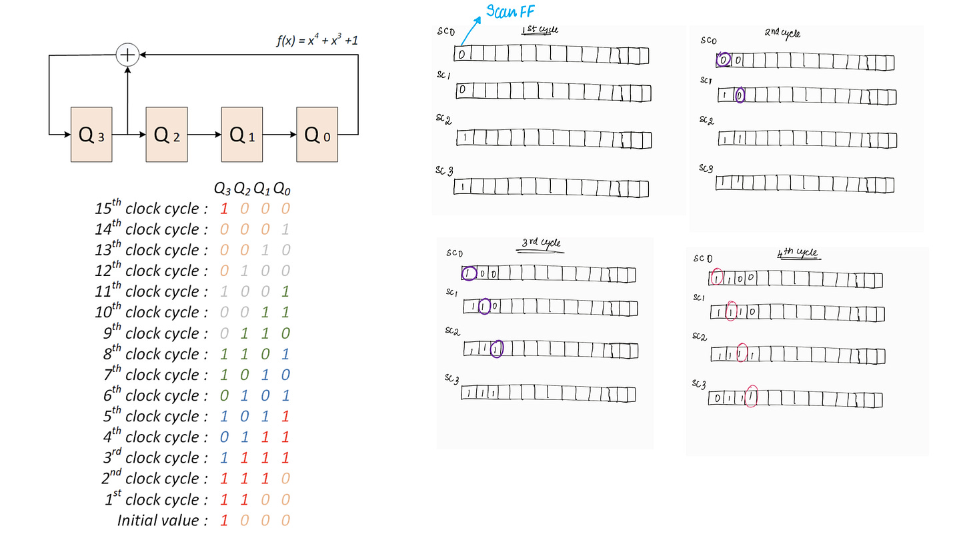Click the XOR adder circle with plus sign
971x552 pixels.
tap(127, 55)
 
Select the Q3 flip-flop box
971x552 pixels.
tap(91, 134)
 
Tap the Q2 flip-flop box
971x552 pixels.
tap(167, 134)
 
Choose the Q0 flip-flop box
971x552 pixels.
tap(317, 134)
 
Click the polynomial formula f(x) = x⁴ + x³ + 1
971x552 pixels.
tap(317, 41)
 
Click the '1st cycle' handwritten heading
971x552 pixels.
tap(540, 30)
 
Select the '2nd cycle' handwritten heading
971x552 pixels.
tap(782, 33)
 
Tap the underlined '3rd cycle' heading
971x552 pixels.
tap(540, 244)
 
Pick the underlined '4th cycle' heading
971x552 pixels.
tap(798, 254)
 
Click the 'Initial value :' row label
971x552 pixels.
tap(163, 520)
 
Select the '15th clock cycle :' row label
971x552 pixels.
tap(151, 208)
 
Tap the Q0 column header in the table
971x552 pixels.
tap(283, 189)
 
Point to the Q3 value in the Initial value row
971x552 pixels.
tap(223, 520)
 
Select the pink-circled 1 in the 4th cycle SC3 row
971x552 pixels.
tap(752, 397)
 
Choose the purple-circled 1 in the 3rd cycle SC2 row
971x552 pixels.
tap(496, 348)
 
